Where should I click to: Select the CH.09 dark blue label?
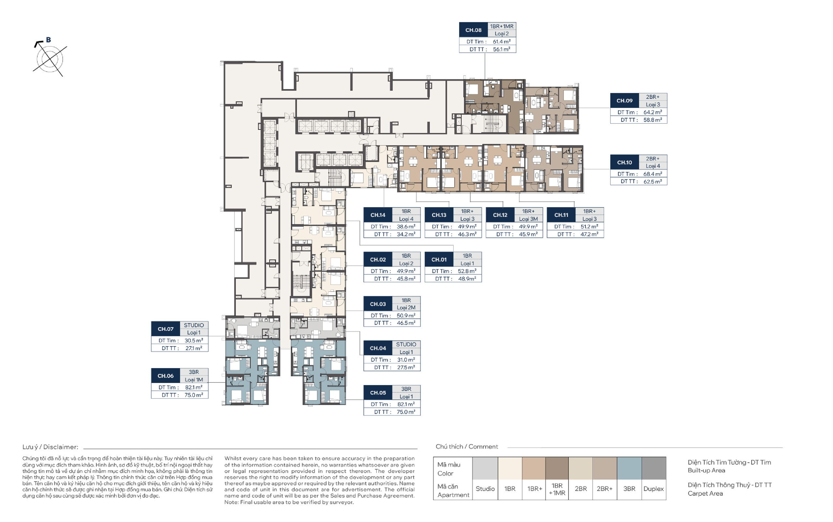(x=624, y=100)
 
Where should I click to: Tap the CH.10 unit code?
(x=624, y=162)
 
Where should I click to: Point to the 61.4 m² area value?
(x=501, y=41)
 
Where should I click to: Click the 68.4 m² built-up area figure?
(x=653, y=174)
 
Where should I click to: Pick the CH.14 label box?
(x=378, y=215)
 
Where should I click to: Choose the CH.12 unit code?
(x=500, y=215)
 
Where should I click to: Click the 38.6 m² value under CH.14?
(x=406, y=226)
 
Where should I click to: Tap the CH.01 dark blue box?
(x=439, y=259)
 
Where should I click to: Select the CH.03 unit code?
(x=378, y=304)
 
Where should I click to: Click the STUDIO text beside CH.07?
(x=194, y=325)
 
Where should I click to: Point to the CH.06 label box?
(x=165, y=376)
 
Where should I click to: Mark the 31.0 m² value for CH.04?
(x=406, y=360)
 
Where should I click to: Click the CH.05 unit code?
(x=378, y=392)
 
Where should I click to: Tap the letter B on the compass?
(x=48, y=40)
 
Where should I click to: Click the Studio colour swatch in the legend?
(x=485, y=468)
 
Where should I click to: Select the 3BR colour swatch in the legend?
(x=629, y=468)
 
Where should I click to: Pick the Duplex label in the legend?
(x=653, y=488)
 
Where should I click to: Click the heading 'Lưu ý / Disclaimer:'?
(x=50, y=447)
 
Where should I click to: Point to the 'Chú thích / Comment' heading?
(x=467, y=446)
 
